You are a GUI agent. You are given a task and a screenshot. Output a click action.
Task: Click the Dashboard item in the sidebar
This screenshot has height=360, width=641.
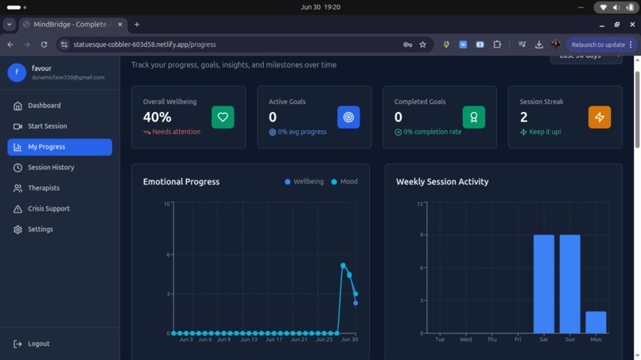[44, 106]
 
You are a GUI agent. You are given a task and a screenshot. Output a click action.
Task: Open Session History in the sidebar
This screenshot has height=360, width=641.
[51, 168]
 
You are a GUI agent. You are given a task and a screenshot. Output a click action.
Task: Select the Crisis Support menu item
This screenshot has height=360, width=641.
[49, 209]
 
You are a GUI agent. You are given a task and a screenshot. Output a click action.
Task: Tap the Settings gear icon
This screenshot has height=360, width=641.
[17, 230]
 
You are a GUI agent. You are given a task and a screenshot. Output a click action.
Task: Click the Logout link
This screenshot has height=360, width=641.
[38, 344]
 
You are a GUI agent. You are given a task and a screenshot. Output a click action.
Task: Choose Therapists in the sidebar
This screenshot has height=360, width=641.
[43, 188]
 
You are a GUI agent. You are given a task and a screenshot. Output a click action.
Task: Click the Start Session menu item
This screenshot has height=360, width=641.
[47, 126]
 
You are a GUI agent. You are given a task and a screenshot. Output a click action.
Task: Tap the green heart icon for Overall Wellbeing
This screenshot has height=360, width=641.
[223, 117]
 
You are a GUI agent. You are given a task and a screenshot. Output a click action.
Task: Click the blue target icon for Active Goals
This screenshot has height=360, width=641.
[348, 117]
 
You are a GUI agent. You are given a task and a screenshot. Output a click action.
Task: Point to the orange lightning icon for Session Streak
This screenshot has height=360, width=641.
[600, 117]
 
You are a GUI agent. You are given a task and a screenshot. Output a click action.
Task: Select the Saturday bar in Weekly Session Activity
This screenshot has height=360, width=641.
[544, 284]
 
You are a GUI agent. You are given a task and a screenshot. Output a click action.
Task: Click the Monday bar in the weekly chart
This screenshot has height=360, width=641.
[596, 322]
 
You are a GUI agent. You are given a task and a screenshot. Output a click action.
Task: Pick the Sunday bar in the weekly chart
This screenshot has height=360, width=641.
[569, 284]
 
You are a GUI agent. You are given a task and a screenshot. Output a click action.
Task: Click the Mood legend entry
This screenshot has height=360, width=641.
[344, 182]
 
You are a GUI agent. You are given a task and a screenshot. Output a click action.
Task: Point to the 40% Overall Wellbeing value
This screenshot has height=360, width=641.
[157, 117]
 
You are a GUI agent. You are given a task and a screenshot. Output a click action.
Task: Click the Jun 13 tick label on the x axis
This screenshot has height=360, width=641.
[249, 339]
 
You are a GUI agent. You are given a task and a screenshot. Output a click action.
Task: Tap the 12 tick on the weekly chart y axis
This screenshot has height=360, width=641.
[420, 204]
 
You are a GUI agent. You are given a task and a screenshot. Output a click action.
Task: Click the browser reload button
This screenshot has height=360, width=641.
[44, 45]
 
